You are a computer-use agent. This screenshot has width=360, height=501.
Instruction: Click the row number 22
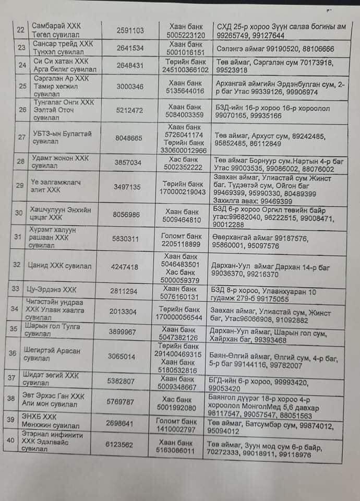tap(21, 30)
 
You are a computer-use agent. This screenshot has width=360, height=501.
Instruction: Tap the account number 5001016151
tap(186, 52)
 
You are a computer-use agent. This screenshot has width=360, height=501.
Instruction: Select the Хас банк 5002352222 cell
tap(186, 162)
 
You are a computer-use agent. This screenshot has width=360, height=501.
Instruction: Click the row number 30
tap(20, 212)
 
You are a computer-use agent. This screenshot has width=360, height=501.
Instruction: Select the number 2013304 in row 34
tap(125, 310)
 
